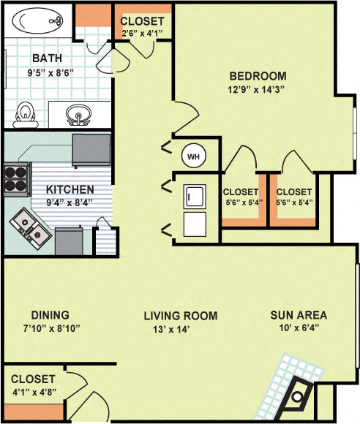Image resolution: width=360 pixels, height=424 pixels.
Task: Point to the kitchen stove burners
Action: click(x=15, y=177)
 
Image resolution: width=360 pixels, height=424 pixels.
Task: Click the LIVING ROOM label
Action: click(x=180, y=316)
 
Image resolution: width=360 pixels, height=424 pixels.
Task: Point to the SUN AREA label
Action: click(x=298, y=316)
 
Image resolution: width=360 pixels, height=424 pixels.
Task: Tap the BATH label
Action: click(x=46, y=58)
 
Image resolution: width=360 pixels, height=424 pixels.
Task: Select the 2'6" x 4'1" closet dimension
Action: click(x=142, y=33)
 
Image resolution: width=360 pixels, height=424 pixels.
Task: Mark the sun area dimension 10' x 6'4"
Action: click(x=298, y=330)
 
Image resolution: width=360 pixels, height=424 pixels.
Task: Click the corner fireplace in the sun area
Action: click(x=298, y=397)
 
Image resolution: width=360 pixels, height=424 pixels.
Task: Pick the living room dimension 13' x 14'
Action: click(x=180, y=330)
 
